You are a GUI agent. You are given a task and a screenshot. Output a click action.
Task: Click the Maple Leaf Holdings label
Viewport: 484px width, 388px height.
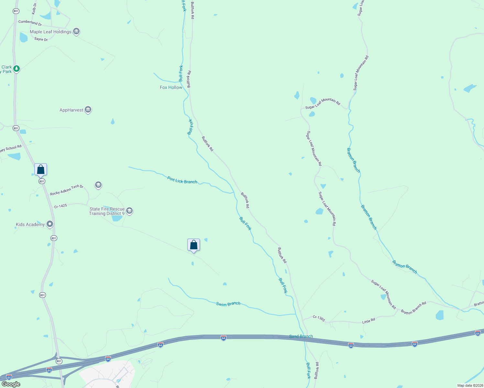(50, 32)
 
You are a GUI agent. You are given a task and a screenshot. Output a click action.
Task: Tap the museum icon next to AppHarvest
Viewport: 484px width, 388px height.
(88, 110)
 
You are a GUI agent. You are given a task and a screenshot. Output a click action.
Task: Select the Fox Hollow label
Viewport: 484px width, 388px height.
(171, 87)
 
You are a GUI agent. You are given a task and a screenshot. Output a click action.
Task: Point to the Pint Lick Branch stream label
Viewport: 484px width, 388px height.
(182, 180)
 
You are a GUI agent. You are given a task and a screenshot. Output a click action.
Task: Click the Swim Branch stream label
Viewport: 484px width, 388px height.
(228, 304)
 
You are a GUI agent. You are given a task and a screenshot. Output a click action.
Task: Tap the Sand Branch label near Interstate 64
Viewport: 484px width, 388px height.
(301, 336)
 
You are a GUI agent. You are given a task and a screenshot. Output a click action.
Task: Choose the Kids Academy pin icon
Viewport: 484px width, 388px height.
(49, 224)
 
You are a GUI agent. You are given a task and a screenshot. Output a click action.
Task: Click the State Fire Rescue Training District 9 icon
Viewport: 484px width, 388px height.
(129, 211)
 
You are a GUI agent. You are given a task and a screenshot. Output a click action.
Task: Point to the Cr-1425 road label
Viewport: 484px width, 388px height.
(60, 206)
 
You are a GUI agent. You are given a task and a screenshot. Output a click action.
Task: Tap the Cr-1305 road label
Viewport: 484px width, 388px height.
(319, 318)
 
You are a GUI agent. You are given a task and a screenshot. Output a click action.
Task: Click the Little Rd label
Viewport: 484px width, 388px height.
(368, 321)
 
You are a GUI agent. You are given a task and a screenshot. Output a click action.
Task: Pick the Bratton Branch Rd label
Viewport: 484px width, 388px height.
(413, 308)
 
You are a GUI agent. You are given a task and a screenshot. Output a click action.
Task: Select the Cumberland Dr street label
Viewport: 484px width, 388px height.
(30, 23)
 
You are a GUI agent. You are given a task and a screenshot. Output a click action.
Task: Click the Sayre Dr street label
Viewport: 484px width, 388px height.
(41, 39)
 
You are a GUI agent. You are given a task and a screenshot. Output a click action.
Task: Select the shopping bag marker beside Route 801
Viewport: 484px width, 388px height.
(41, 169)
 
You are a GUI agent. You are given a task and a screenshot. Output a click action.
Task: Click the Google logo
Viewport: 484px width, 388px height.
(11, 384)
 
